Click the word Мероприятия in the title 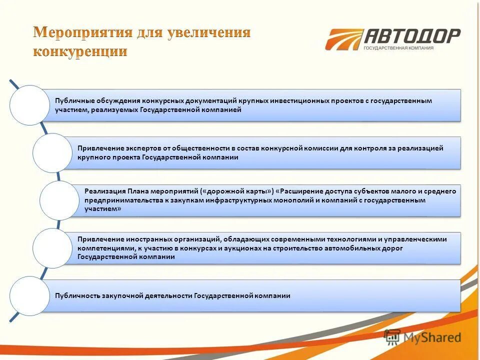click(x=82, y=33)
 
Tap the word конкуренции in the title click(x=80, y=51)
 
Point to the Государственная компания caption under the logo click(x=398, y=48)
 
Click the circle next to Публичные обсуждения click(x=29, y=105)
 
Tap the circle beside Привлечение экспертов click(x=52, y=152)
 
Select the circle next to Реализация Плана click(x=59, y=200)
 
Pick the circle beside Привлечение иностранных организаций click(x=52, y=248)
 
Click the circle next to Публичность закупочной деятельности click(x=29, y=295)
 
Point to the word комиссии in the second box click(x=319, y=148)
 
